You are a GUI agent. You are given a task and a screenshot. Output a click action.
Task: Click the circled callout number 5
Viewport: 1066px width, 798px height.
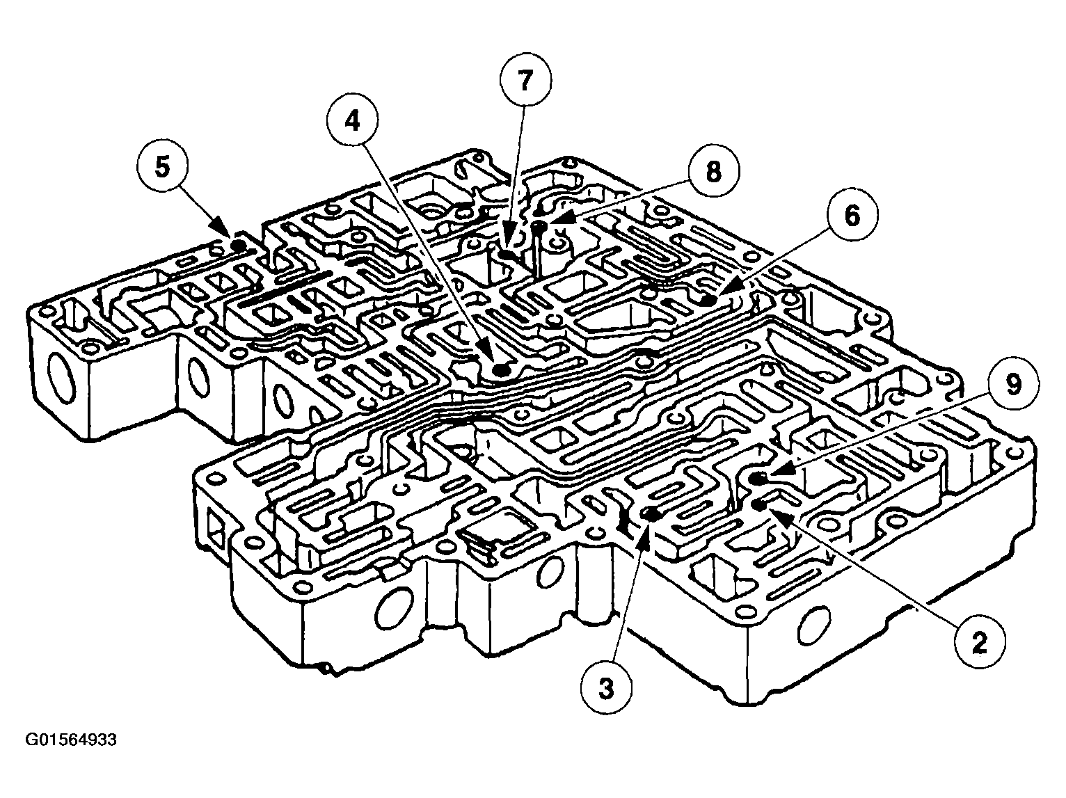point(162,168)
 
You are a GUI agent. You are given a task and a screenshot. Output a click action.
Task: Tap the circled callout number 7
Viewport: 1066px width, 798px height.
point(525,81)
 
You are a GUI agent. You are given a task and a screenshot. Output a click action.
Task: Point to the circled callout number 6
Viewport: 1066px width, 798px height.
point(852,216)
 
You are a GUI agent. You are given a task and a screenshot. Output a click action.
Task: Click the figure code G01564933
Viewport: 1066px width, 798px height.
point(71,740)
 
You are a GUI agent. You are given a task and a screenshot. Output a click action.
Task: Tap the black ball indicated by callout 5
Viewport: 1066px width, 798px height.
point(238,246)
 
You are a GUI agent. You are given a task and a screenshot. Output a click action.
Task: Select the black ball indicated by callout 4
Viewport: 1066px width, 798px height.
point(500,372)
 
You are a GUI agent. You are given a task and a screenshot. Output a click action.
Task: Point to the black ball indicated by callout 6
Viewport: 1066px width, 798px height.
point(708,301)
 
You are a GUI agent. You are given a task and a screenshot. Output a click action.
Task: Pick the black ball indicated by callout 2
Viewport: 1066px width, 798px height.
point(758,504)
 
